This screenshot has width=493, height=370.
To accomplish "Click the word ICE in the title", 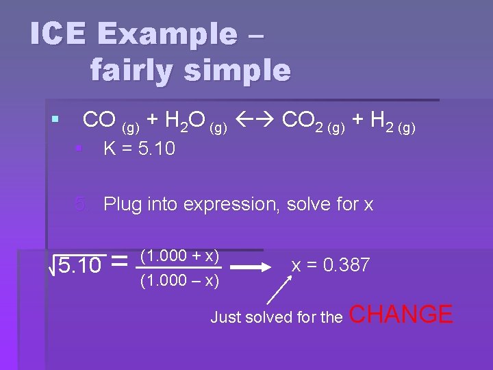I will (57, 34).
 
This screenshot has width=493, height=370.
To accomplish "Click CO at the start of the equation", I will (99, 121).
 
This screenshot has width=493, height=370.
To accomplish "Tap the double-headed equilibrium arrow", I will (255, 122).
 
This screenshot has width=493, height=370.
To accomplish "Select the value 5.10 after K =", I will (157, 148).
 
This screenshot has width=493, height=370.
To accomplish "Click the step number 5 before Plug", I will (81, 204).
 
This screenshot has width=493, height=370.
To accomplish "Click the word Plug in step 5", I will (122, 204).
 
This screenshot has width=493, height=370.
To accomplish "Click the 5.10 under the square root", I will (79, 265).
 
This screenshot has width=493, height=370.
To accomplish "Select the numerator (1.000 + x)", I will (179, 256).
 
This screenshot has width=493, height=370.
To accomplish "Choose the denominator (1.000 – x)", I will (179, 280).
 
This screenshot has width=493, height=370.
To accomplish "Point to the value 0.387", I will (348, 264).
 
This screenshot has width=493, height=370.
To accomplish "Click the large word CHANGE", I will (402, 314).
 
